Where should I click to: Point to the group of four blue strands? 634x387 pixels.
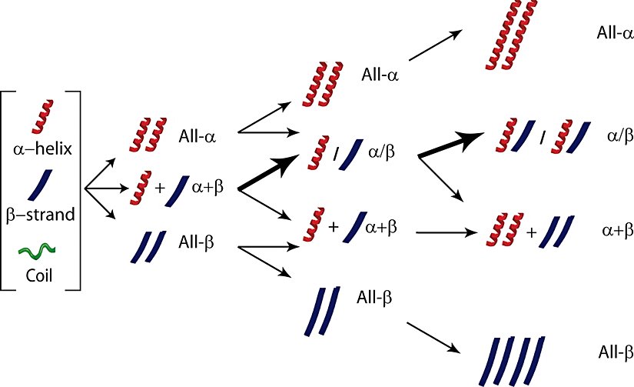[513, 359]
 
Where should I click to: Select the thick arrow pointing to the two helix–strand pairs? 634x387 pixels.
[454, 145]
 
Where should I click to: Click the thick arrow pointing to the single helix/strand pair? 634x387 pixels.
[269, 172]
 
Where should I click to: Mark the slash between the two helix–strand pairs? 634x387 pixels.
[542, 138]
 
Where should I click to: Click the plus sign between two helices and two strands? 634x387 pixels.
[530, 230]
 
